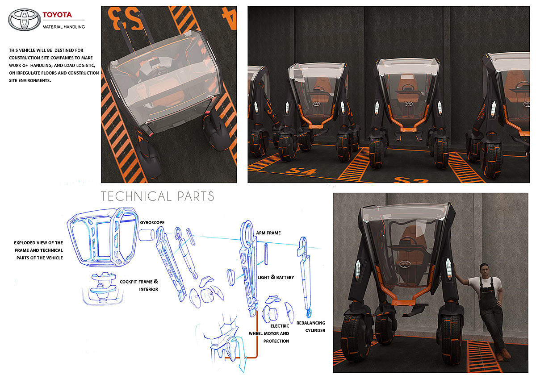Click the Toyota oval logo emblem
coord(24,20)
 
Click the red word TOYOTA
coord(57,15)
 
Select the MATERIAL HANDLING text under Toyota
coord(63,27)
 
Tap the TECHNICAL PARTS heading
coord(157,196)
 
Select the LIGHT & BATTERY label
coord(276,277)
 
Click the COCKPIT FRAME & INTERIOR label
coord(139,285)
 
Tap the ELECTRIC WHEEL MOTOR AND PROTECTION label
coord(269,333)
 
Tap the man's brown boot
coord(506,355)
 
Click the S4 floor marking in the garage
coord(299,171)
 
